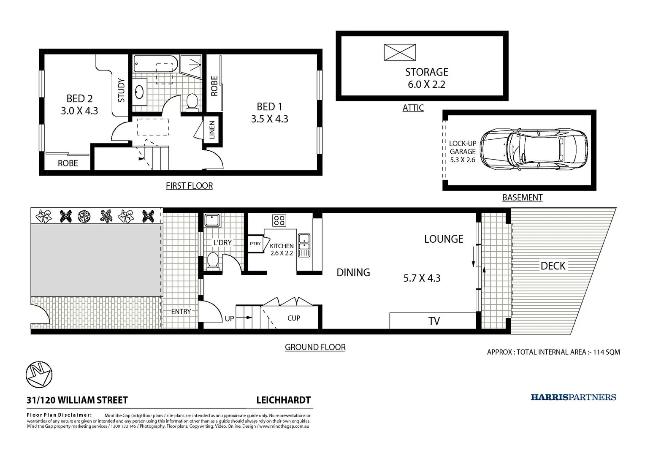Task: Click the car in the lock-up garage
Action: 534,149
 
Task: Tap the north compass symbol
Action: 39,374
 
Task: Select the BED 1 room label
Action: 269,107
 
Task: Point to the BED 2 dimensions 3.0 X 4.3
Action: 79,111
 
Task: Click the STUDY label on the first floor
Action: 121,90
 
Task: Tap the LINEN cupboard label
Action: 212,130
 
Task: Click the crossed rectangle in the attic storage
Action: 400,53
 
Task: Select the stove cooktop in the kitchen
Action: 279,220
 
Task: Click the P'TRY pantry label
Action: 255,244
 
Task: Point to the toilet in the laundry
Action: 213,261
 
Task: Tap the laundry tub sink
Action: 212,220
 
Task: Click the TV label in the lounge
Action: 434,321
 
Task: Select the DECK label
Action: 553,266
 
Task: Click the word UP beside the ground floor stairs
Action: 229,319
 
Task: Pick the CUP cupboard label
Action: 294,318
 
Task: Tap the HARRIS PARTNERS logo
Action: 573,397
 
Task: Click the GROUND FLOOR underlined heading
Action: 315,347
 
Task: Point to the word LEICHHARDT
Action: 284,400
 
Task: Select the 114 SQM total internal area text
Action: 606,352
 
